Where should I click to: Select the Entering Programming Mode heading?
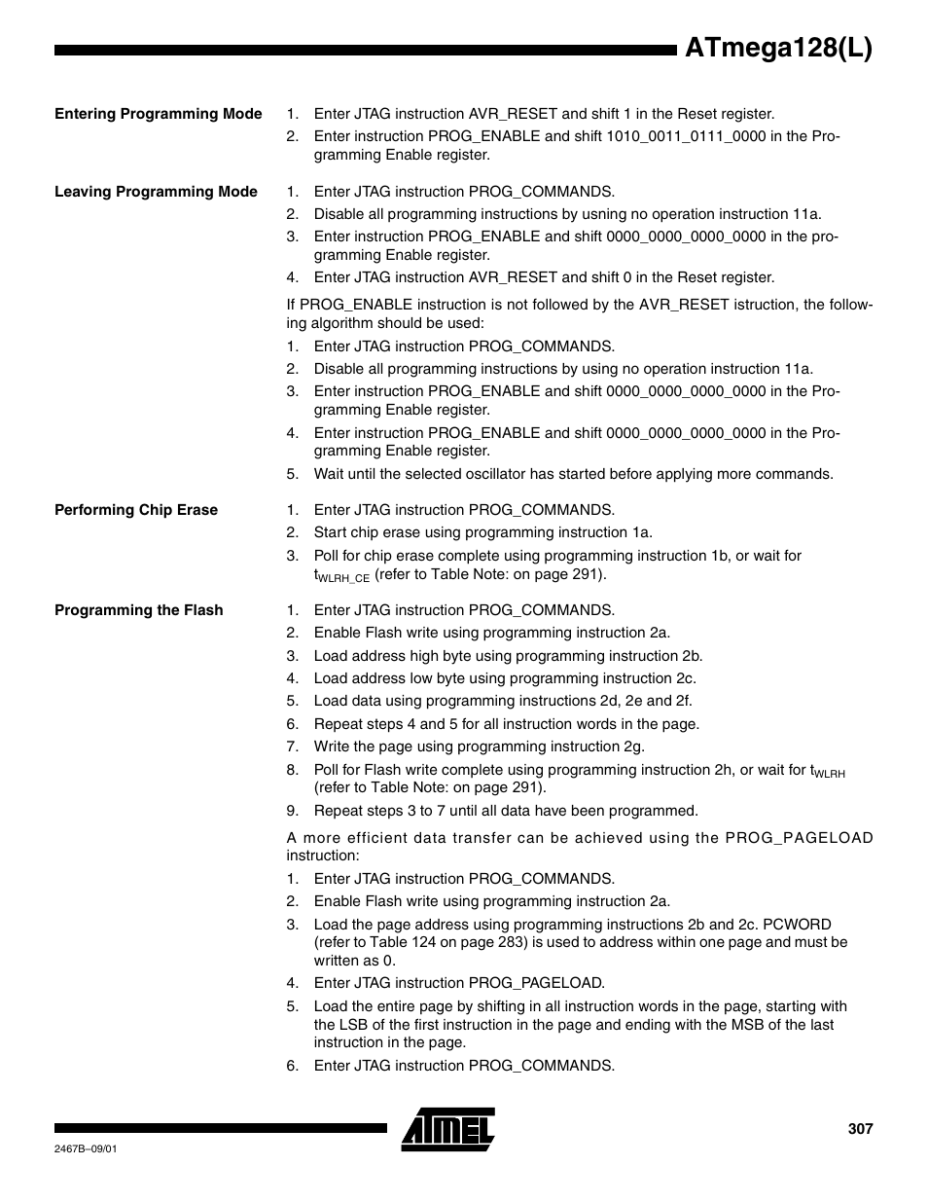point(158,114)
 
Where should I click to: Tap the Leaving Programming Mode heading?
point(156,192)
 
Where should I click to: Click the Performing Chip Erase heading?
point(136,510)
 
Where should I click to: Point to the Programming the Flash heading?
point(139,610)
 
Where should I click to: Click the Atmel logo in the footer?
point(448,1129)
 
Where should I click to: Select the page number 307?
point(860,1129)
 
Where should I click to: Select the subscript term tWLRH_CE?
point(341,575)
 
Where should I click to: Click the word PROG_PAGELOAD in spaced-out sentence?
point(800,838)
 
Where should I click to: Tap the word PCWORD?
point(799,925)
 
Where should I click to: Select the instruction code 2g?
point(633,747)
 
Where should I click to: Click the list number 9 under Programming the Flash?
point(291,811)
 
